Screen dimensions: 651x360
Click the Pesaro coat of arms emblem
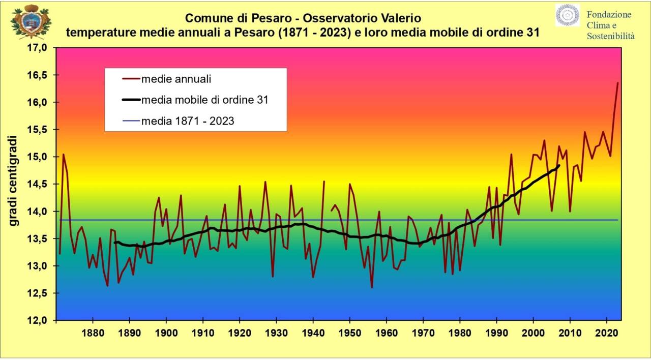click(x=31, y=21)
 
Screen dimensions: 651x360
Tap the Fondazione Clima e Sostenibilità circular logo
click(x=568, y=15)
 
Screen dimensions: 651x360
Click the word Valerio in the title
click(x=401, y=18)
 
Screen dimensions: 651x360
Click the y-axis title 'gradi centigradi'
click(x=13, y=181)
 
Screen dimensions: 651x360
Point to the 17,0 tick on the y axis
click(x=37, y=48)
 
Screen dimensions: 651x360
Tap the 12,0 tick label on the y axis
click(x=37, y=320)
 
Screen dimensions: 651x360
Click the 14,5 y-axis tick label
click(x=37, y=184)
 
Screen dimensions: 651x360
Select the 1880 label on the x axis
click(x=93, y=333)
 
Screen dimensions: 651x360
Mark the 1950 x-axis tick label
click(x=349, y=333)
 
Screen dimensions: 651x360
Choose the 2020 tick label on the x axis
click(x=607, y=333)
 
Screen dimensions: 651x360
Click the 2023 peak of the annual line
click(x=617, y=83)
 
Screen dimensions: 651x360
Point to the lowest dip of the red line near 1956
click(x=372, y=288)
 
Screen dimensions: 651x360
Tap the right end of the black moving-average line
click(x=559, y=166)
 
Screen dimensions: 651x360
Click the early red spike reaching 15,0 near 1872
click(x=64, y=154)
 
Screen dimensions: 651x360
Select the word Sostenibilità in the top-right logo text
click(x=611, y=36)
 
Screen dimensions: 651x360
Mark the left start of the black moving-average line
click(x=115, y=243)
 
